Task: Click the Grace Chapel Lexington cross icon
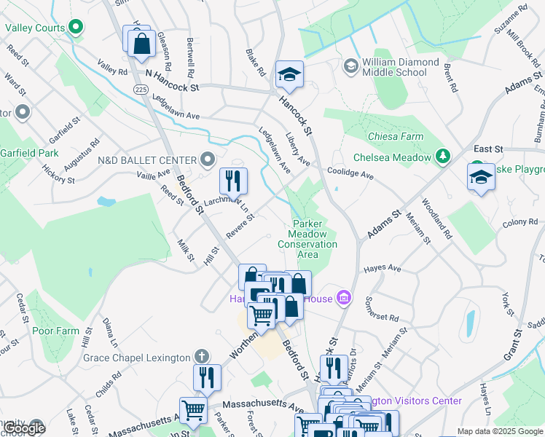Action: (x=203, y=357)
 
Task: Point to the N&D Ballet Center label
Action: (x=148, y=160)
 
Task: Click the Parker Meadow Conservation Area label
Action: (x=307, y=239)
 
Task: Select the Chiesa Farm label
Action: (x=396, y=136)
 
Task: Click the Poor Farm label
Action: (x=55, y=330)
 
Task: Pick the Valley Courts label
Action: (x=34, y=28)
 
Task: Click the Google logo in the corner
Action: (x=24, y=428)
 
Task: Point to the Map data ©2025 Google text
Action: (x=499, y=431)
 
